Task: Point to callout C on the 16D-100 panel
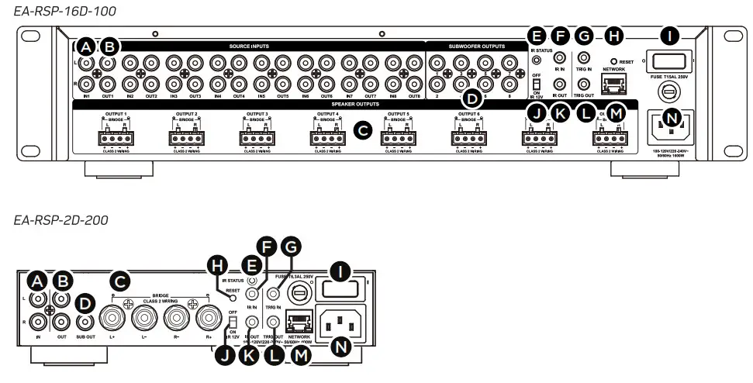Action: (x=361, y=131)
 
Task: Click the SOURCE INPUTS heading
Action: (x=249, y=47)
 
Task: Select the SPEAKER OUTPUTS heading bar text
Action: (x=354, y=103)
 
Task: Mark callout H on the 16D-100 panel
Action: (x=613, y=35)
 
